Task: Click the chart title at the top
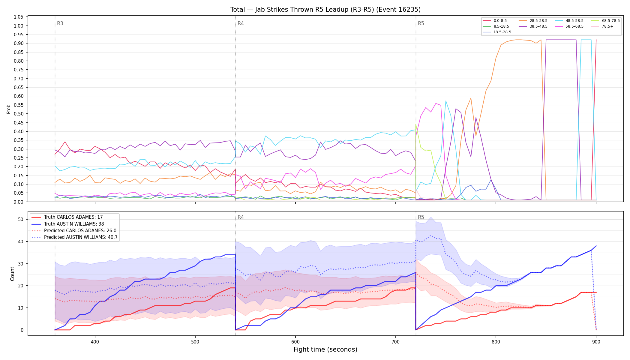[x=325, y=10]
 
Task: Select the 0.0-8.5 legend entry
[x=495, y=21]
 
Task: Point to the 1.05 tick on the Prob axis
[x=19, y=17]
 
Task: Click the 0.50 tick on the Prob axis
[x=19, y=114]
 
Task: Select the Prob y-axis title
[x=9, y=109]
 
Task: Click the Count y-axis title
[x=12, y=274]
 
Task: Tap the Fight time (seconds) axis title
[x=325, y=349]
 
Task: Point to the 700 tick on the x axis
[x=396, y=342]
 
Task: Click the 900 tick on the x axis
[x=596, y=342]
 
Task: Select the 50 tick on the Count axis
[x=21, y=219]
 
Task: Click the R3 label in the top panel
[x=60, y=23]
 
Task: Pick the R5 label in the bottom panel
[x=421, y=217]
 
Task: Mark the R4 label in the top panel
[x=241, y=23]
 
